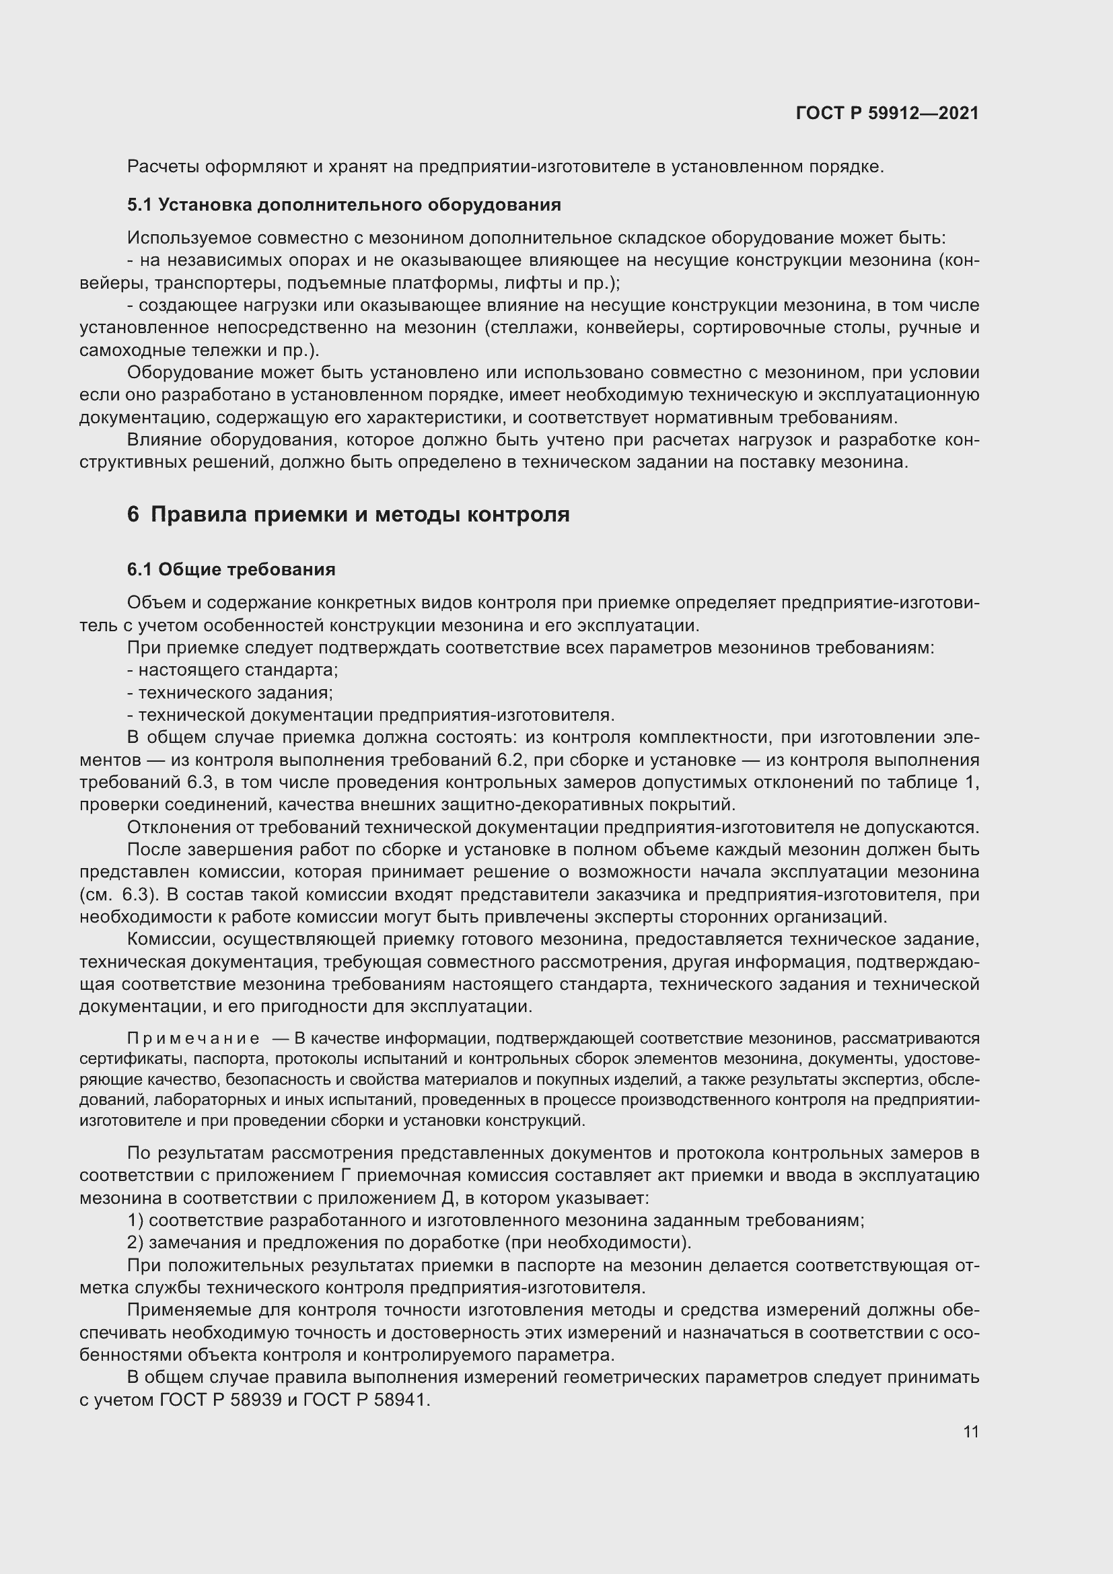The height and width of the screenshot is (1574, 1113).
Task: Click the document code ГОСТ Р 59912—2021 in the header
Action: pos(887,113)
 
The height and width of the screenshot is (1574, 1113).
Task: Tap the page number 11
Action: pos(970,1431)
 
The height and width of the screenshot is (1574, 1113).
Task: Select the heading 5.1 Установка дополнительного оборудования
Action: pos(344,205)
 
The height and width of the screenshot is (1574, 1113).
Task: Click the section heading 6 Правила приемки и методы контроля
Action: pos(348,514)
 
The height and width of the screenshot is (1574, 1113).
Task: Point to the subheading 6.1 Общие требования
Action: pos(231,570)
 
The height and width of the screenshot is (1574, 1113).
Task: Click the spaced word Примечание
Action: pos(193,1039)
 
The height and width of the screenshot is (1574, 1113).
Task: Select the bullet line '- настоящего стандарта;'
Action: pos(233,670)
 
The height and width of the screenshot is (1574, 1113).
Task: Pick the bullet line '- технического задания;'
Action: pos(230,692)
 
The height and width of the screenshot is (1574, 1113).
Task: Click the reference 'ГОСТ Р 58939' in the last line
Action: pos(221,1400)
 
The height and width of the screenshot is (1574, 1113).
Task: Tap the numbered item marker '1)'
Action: pos(135,1221)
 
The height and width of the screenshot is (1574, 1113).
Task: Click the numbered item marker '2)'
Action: pos(135,1243)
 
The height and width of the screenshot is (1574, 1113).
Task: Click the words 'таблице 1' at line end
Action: pos(936,782)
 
